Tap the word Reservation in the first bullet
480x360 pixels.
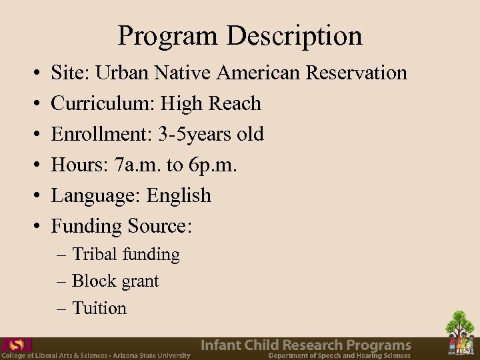(x=357, y=72)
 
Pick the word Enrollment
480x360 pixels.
(x=99, y=134)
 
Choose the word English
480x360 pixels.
(x=179, y=195)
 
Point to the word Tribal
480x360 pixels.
(x=94, y=254)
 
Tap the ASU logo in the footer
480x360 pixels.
(x=17, y=345)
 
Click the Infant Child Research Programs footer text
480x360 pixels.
(x=306, y=345)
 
